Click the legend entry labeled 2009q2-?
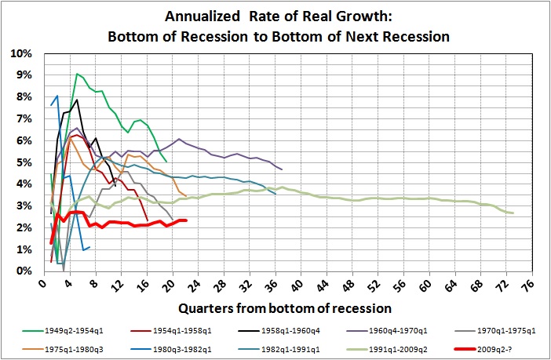tap(480, 344)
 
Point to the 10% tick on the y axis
tap(21, 53)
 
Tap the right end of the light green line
tap(513, 213)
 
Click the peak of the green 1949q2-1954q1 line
tap(77, 74)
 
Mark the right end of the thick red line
tap(185, 220)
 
